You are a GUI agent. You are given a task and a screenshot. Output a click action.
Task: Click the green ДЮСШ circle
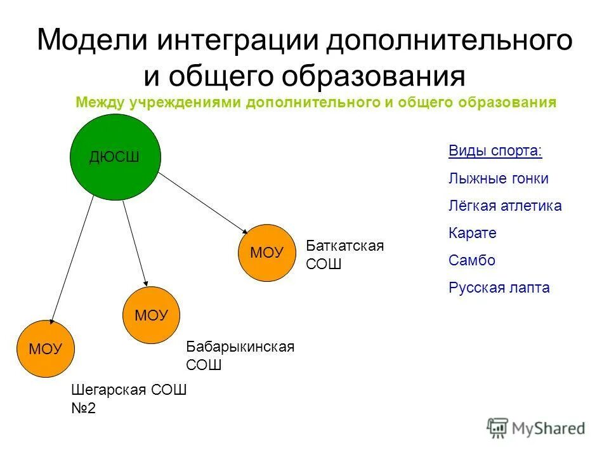click(x=115, y=157)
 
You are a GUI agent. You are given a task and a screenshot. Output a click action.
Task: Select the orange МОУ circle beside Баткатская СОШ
click(x=267, y=253)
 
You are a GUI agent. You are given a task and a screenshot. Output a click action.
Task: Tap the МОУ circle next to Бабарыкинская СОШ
click(x=152, y=315)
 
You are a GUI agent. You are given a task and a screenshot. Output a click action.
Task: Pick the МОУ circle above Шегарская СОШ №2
click(x=45, y=348)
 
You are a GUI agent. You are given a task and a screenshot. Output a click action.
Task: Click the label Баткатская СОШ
click(x=344, y=255)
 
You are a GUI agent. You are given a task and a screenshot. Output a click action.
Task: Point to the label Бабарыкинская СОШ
click(x=240, y=356)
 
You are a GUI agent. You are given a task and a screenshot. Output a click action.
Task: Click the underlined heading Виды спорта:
click(x=495, y=151)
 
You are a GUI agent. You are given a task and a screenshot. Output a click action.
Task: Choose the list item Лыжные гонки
click(x=498, y=178)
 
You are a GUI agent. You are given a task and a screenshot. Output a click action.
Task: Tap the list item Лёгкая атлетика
click(x=504, y=206)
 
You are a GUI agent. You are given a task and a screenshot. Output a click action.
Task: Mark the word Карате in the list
click(x=472, y=233)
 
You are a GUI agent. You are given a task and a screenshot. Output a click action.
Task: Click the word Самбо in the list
click(x=471, y=260)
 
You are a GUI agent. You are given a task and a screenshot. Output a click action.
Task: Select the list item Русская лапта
click(x=499, y=288)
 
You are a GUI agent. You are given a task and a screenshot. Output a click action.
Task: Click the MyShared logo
click(x=536, y=428)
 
